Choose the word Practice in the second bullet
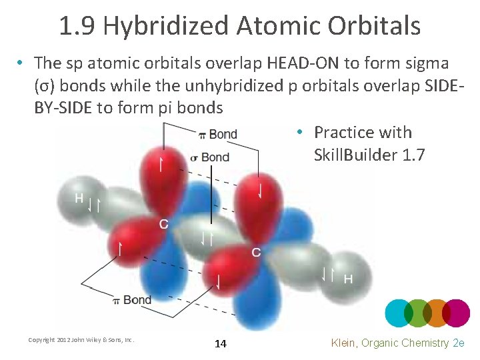click(x=347, y=133)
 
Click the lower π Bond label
click(x=132, y=300)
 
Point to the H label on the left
click(x=79, y=198)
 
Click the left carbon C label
click(x=163, y=224)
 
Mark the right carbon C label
click(x=256, y=253)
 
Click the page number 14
click(x=221, y=344)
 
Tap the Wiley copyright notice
click(x=81, y=340)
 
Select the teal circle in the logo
click(x=399, y=313)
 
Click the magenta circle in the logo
click(x=457, y=313)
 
